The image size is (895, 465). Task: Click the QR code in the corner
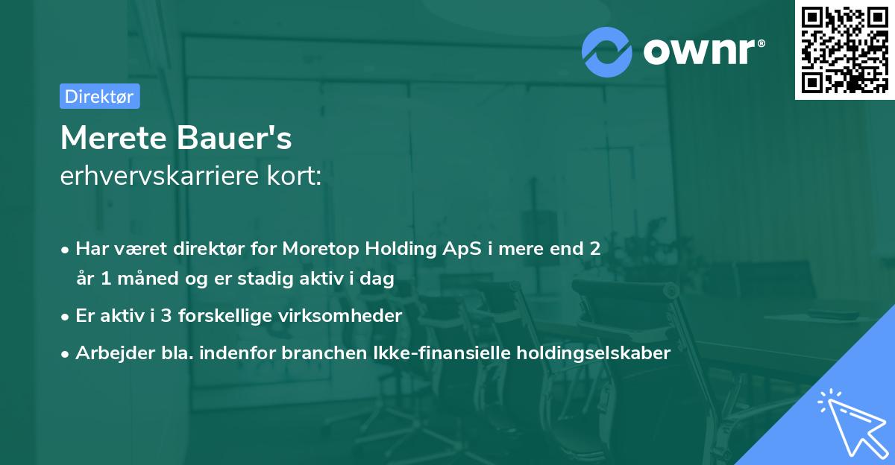pos(844,50)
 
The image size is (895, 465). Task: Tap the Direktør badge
pos(100,96)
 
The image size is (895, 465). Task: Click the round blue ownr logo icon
pos(607,51)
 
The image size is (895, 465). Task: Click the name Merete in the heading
pos(113,138)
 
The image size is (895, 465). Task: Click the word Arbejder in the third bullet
pos(109,353)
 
